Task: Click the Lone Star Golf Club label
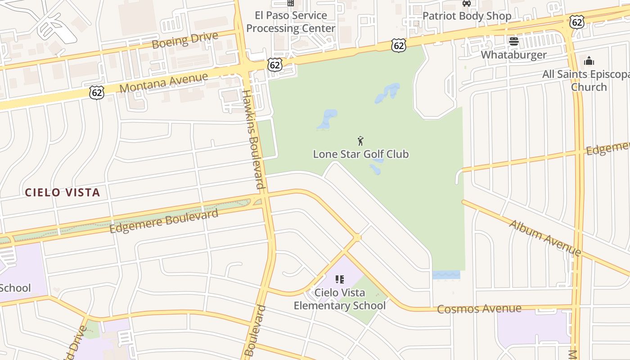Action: [x=360, y=154]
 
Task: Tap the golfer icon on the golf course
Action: [x=360, y=141]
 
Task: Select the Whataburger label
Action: [x=513, y=55]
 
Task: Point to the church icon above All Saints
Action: [x=589, y=61]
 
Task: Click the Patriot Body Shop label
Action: [x=467, y=16]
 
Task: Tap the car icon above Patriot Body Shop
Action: [x=467, y=4]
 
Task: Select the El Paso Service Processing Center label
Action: [x=291, y=22]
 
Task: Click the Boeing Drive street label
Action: [x=185, y=40]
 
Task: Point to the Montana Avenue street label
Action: [x=164, y=82]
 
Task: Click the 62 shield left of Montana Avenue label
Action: [x=97, y=93]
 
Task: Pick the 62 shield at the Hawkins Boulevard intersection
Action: [x=274, y=65]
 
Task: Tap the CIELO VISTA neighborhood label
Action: [x=62, y=193]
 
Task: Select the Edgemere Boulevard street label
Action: [x=164, y=221]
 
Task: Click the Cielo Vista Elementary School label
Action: [x=340, y=299]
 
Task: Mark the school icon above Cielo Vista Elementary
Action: [x=340, y=279]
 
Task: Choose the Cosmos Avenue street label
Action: [x=479, y=309]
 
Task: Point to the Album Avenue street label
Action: [x=545, y=238]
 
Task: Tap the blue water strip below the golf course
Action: [x=446, y=274]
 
